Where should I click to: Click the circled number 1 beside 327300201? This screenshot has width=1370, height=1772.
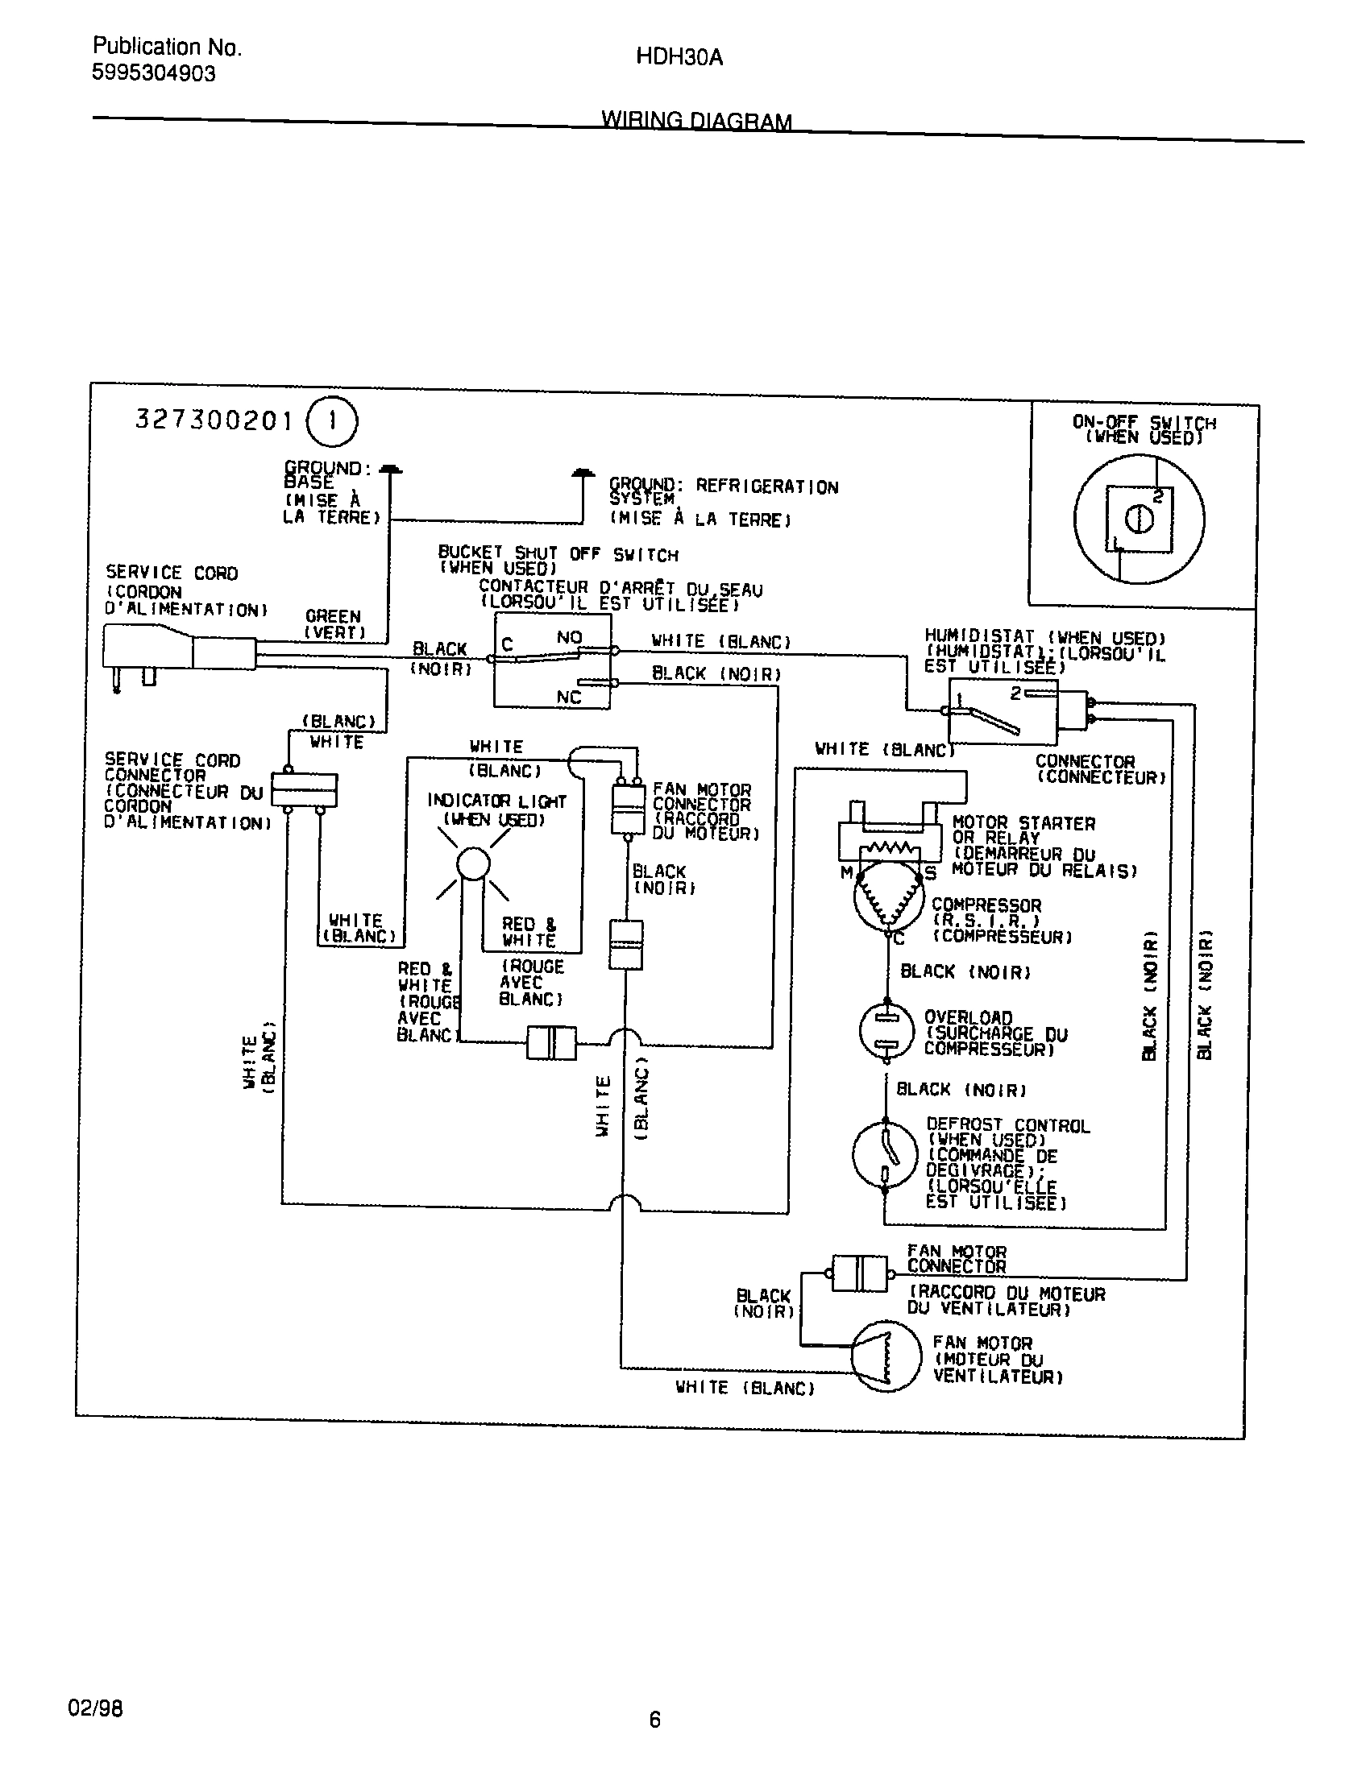coord(331,422)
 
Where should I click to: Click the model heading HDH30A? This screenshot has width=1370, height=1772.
coord(679,58)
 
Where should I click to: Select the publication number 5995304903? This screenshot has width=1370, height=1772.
coord(153,74)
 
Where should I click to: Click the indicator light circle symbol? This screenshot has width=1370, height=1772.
coord(473,863)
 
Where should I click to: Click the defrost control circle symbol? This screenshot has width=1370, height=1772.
coord(885,1153)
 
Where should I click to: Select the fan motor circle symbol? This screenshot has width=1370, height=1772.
coord(886,1356)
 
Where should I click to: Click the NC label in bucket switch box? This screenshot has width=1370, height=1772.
coord(568,698)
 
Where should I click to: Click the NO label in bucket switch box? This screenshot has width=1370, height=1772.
coord(569,638)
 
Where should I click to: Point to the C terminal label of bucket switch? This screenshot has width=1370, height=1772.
coord(507,645)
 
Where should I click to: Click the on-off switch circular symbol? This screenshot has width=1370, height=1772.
coord(1139,520)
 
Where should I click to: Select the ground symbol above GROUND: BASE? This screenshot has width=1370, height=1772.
coord(390,470)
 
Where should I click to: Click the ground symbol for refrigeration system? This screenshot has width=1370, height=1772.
coord(582,473)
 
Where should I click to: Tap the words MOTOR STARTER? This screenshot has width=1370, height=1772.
coord(1023,823)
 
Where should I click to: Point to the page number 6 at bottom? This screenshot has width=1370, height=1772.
coord(655,1720)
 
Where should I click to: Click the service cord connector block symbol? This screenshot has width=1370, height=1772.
coord(303,789)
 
